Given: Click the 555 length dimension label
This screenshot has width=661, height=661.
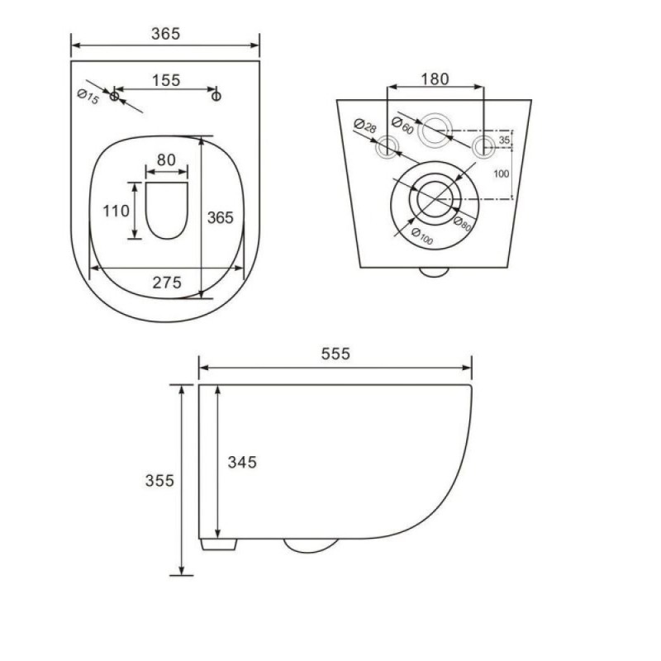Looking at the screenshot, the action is pos(335,354).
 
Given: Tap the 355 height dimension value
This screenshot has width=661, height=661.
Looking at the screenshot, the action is pos(159,481).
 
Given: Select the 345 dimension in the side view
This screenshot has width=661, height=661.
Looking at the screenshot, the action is pos(242,463).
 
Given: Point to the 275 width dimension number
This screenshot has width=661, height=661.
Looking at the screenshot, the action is pos(167,283).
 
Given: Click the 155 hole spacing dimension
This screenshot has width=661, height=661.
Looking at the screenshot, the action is pos(166,80).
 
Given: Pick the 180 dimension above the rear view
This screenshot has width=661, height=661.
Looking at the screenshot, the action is pos(435,78).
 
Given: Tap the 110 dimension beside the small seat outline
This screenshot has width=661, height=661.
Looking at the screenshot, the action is pos(116,211).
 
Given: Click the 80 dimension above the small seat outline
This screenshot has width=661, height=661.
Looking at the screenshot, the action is pos(166,160).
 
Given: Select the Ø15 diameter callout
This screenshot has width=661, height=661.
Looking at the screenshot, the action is pos(88,97).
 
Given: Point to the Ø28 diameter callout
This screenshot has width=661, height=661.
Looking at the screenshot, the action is pos(365,126).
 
